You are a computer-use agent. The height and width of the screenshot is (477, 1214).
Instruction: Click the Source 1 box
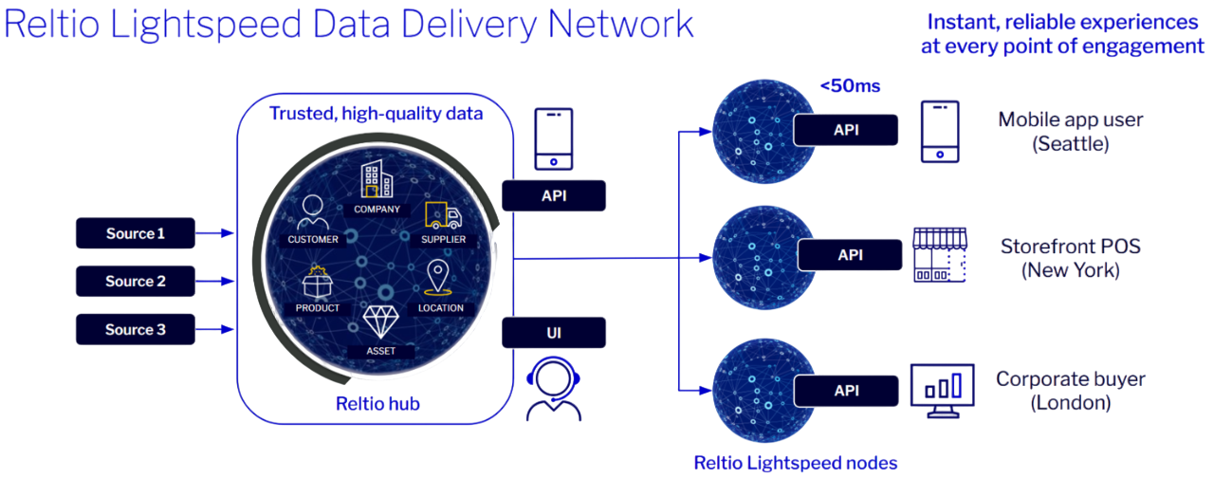pyautogui.click(x=136, y=233)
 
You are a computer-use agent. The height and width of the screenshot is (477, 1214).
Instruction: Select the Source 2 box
pyautogui.click(x=136, y=281)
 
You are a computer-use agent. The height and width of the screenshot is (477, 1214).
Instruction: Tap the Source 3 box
pyautogui.click(x=136, y=329)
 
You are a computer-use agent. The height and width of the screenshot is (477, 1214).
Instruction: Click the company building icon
pyautogui.click(x=377, y=180)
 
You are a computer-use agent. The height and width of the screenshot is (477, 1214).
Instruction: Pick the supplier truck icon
pyautogui.click(x=443, y=215)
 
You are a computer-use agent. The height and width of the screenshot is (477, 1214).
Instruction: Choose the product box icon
pyautogui.click(x=317, y=283)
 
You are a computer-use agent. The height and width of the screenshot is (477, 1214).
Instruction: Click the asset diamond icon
pyautogui.click(x=380, y=322)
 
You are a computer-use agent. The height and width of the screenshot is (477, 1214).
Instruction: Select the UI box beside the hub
pyautogui.click(x=554, y=332)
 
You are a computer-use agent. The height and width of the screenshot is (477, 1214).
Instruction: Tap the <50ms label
pyautogui.click(x=851, y=86)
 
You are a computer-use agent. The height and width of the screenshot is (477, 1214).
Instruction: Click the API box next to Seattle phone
pyautogui.click(x=846, y=130)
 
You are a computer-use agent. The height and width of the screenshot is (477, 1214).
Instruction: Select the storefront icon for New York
pyautogui.click(x=939, y=255)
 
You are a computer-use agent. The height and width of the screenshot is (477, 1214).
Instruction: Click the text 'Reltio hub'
pyautogui.click(x=377, y=404)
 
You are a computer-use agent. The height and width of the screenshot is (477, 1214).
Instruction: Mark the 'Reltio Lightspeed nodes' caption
pyautogui.click(x=796, y=463)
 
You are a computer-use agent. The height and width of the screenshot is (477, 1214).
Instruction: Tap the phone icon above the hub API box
pyautogui.click(x=553, y=138)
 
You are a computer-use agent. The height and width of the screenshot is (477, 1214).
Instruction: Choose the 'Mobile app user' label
pyautogui.click(x=1070, y=120)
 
